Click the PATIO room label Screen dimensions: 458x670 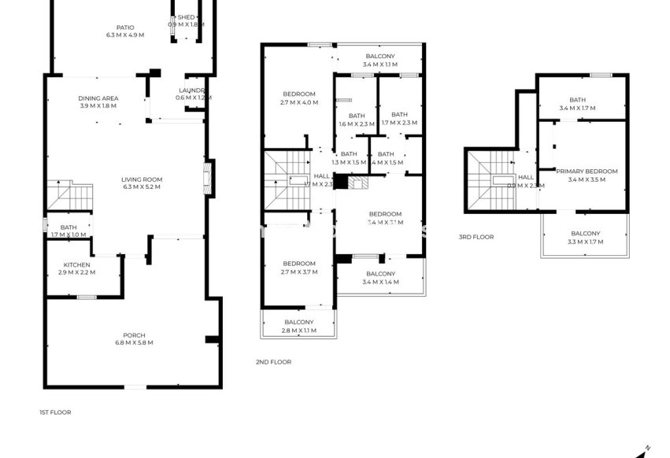[x=124, y=27]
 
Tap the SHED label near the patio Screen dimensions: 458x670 [x=186, y=17]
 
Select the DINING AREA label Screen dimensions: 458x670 [x=98, y=98]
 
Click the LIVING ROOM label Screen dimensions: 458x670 [x=142, y=179]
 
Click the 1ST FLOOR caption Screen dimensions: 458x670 [x=55, y=412]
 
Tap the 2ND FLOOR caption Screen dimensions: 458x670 [x=273, y=362]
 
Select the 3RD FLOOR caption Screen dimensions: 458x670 [x=476, y=236]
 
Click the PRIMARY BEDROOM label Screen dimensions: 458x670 [x=587, y=171]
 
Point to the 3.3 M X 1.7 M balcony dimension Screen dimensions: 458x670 [x=585, y=242]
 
